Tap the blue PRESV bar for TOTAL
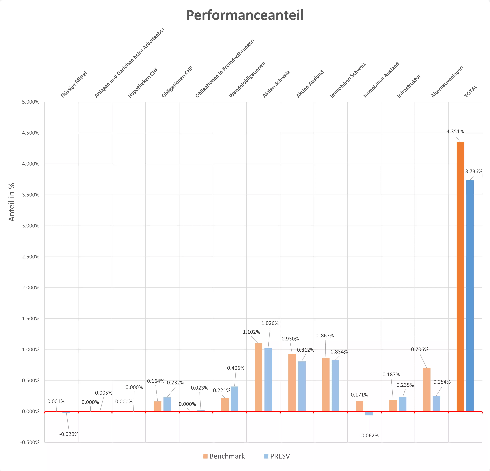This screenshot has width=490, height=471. click(470, 296)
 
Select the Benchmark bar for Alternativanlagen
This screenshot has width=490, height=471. click(427, 389)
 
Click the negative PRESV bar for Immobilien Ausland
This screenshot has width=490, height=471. click(369, 413)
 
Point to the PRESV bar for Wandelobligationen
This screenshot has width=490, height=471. click(235, 399)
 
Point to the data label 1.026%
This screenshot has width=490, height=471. click(270, 323)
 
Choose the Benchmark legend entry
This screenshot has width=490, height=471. click(224, 456)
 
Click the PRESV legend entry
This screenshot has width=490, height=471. click(277, 456)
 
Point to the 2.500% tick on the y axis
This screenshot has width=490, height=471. click(31, 257)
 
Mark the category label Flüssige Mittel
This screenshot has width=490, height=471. click(74, 84)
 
